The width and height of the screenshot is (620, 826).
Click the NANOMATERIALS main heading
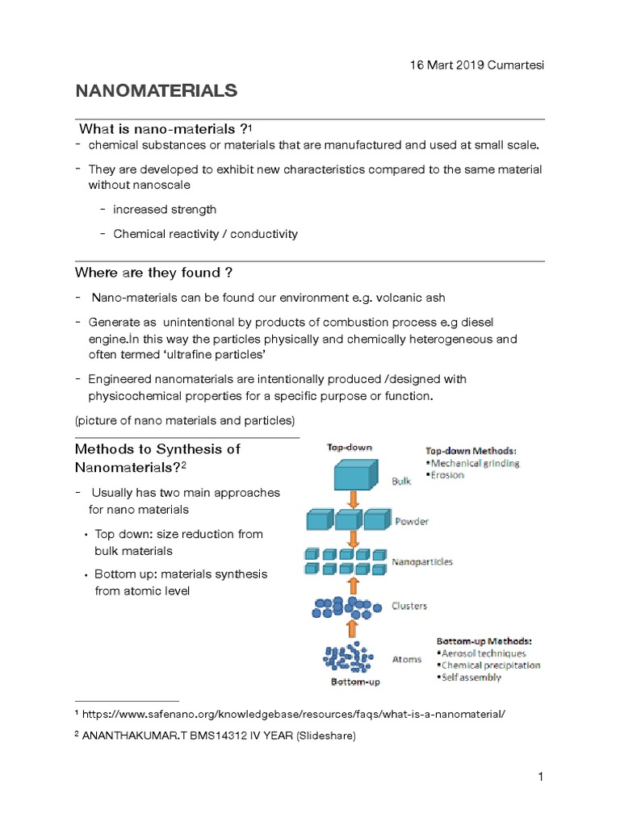pos(157,91)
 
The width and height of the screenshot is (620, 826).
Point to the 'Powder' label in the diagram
pos(411,521)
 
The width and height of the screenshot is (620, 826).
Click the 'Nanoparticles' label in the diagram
pos(421,561)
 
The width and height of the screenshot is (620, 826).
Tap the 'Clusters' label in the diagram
pos(409,606)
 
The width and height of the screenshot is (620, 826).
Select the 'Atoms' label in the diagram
pos(406,659)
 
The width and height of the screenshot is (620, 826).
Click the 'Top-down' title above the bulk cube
pos(350,446)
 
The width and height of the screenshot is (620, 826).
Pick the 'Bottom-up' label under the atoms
pos(355,682)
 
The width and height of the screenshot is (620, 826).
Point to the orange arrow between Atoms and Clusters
pos(351,628)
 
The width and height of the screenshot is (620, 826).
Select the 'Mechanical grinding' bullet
pos(475,464)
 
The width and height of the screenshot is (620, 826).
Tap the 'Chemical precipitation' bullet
pos(490,665)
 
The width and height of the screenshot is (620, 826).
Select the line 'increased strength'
pos(165,210)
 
